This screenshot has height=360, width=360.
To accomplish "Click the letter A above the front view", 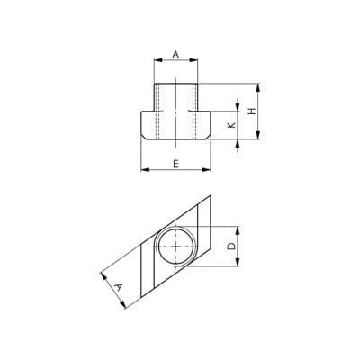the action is coord(175,55).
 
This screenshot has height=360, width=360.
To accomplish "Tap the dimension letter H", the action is coord(253,111).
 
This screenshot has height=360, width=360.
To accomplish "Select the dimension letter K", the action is coord(231,125).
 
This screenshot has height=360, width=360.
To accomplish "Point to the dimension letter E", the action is coord(176,164).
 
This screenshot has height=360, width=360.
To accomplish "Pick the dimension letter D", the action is coord(231,247).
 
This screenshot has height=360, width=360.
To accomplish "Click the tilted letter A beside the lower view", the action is coord(119,288).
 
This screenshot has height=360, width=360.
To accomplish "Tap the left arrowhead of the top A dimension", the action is coord(157,60).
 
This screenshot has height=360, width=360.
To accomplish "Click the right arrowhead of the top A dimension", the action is coord(193,60).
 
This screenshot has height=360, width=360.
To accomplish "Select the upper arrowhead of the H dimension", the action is coord(258,87).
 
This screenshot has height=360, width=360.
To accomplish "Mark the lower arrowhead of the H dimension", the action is coord(258,135).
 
